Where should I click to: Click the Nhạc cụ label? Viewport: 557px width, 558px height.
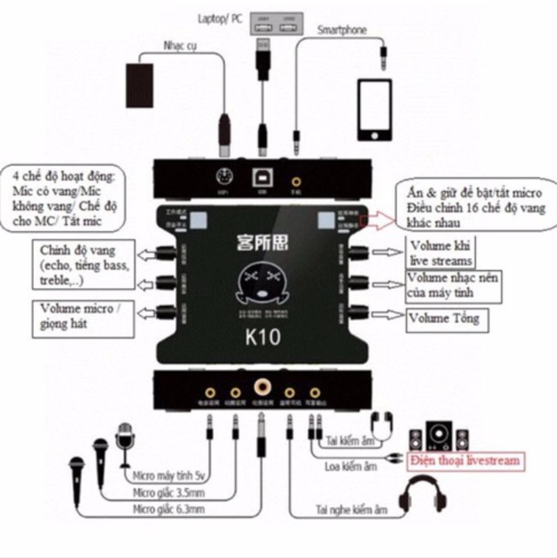point(180,45)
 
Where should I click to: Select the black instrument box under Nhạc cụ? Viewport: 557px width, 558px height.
point(144,82)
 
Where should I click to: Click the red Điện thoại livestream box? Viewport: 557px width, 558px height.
point(469,460)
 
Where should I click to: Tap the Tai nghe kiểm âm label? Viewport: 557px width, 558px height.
point(351,510)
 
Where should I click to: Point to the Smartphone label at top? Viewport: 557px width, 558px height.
point(341,30)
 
